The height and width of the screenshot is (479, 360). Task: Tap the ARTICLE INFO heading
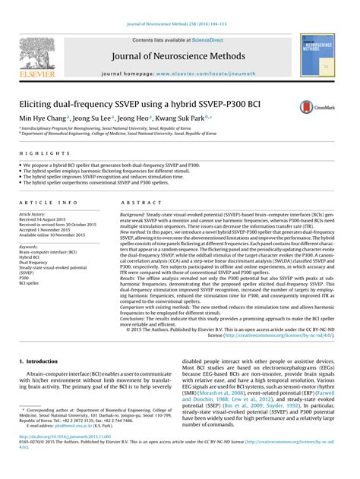click(x=48, y=203)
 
